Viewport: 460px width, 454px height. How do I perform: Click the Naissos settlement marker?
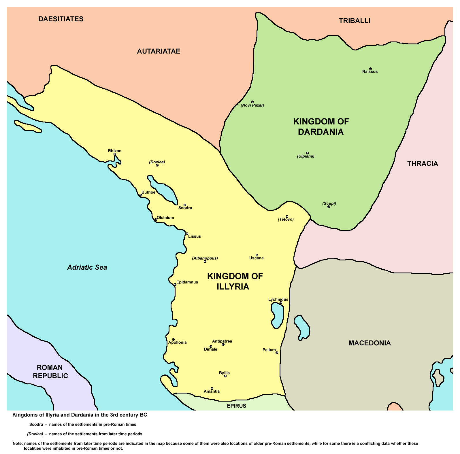(x=370, y=69)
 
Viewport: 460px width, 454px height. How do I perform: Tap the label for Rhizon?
(x=115, y=151)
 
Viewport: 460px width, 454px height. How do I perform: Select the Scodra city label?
(x=185, y=208)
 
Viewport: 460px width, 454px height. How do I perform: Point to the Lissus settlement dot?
(x=187, y=234)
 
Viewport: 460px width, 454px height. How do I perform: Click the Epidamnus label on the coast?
(x=187, y=282)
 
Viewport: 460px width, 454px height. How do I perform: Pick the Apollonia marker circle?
(x=173, y=339)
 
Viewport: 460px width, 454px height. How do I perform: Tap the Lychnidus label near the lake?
(x=278, y=299)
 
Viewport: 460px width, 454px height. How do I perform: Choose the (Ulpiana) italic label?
(x=306, y=156)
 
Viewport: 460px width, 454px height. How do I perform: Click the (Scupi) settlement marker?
(x=329, y=207)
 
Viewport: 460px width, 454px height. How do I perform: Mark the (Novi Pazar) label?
(x=252, y=105)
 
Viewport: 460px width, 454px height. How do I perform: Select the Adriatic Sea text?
(x=87, y=267)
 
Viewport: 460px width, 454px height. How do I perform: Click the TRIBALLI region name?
(x=355, y=21)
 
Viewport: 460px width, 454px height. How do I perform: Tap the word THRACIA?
(x=423, y=164)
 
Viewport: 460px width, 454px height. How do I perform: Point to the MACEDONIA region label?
(x=369, y=343)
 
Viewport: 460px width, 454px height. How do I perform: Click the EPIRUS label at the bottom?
(x=236, y=406)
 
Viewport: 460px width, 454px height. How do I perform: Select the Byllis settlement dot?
(x=225, y=376)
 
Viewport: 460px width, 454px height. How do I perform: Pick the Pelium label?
(x=269, y=350)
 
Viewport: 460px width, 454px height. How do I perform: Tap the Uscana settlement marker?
(x=257, y=255)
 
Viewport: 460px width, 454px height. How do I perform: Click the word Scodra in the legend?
(x=36, y=424)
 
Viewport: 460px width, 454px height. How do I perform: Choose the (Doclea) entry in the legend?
(x=35, y=434)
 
